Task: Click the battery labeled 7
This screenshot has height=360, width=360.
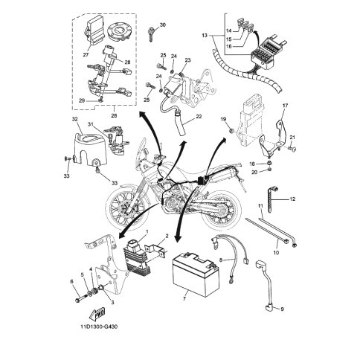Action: coord(196,274)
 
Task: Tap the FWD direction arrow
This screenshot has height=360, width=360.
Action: coord(97,313)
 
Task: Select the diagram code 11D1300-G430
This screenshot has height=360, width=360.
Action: coord(99,327)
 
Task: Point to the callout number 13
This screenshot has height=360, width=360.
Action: coord(205,36)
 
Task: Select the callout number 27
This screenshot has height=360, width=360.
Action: coord(86,55)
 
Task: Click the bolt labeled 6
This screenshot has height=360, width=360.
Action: coord(80,298)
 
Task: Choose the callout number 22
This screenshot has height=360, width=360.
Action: coord(199,116)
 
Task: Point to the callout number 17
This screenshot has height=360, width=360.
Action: coord(285,106)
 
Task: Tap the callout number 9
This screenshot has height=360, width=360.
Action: coord(282,309)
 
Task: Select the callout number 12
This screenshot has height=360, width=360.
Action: coord(292,199)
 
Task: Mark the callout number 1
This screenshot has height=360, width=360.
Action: coord(147,231)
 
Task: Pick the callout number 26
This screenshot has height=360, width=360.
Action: coord(114,115)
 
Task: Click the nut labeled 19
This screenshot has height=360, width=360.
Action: coord(232,131)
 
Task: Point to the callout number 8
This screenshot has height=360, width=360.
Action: coord(222,260)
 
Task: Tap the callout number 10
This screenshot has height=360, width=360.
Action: coord(276,253)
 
